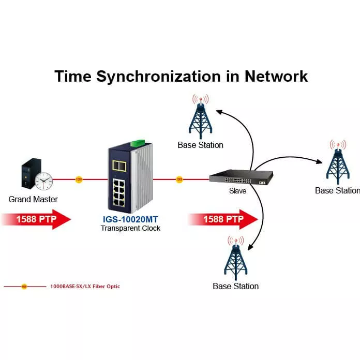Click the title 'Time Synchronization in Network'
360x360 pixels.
click(x=181, y=76)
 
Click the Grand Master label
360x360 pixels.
click(x=33, y=199)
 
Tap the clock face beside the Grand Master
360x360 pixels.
click(x=44, y=181)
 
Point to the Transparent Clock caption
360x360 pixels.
click(x=130, y=228)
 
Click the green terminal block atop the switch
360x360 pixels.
click(x=137, y=143)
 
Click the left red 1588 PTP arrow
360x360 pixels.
click(x=36, y=219)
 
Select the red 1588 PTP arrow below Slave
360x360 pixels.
click(x=223, y=219)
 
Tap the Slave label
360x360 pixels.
click(x=237, y=191)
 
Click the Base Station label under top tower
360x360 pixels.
click(x=200, y=145)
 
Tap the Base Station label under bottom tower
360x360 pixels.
click(x=235, y=286)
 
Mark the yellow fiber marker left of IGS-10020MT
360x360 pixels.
click(x=79, y=179)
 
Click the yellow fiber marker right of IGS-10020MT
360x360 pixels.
click(x=179, y=179)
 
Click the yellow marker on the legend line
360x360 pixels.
click(x=24, y=286)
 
